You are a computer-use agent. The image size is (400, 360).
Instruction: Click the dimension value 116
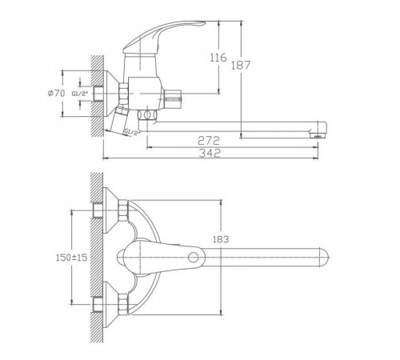click(x=218, y=58)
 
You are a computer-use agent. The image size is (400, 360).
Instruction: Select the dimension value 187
click(x=241, y=65)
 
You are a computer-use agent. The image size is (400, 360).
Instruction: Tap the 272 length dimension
click(x=209, y=141)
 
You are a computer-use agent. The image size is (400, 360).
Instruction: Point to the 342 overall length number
click(x=210, y=153)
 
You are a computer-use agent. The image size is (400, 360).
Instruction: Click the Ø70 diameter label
click(x=56, y=94)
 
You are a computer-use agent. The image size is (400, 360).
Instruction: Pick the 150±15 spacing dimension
click(x=71, y=258)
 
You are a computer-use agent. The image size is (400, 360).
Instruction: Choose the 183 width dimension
click(x=221, y=239)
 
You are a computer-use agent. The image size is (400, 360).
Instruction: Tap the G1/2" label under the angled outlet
click(x=132, y=132)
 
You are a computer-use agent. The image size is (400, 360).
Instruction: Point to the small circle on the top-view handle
click(x=193, y=258)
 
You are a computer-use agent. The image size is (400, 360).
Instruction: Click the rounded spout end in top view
click(x=324, y=258)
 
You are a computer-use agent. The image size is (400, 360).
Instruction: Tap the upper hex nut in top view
click(x=123, y=210)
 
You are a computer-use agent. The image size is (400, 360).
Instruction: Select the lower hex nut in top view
click(x=123, y=305)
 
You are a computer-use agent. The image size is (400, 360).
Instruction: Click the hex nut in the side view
click(x=123, y=94)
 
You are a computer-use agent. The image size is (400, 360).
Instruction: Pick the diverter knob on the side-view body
click(x=173, y=99)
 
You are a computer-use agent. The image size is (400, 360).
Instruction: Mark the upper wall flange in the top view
click(x=110, y=210)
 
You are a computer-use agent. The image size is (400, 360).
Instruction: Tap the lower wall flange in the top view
click(x=110, y=305)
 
